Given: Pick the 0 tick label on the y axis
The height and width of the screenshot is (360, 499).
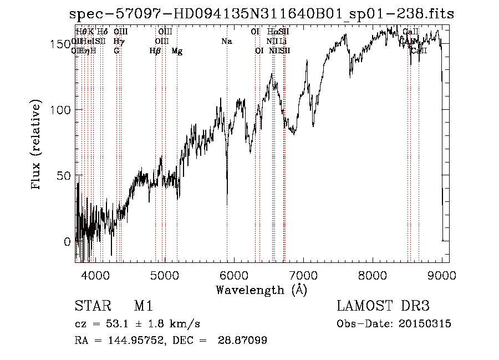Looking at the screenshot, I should (x=68, y=242).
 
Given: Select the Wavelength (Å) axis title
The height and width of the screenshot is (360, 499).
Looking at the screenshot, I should (x=261, y=290).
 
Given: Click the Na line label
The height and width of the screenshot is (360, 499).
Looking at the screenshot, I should (x=226, y=42).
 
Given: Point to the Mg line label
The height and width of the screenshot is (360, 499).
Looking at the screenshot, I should (x=177, y=51).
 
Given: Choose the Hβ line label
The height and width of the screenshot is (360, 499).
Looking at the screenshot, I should (x=155, y=51).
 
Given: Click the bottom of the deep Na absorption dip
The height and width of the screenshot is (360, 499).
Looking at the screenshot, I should (x=227, y=204).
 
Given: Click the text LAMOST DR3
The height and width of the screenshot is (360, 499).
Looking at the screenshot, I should (x=383, y=307).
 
